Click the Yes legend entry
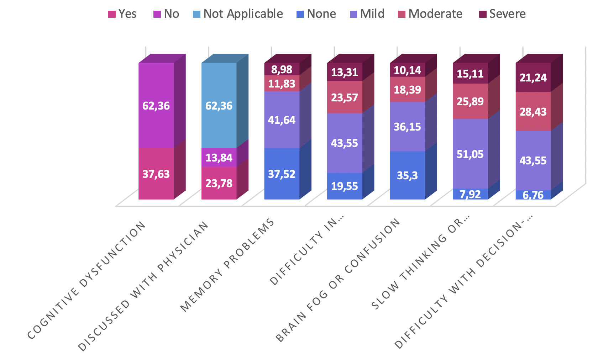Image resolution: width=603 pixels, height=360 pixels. [122, 14]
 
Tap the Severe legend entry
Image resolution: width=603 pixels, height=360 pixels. [502, 14]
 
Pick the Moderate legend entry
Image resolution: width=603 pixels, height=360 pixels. [430, 14]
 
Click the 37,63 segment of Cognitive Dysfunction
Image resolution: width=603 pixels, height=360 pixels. [156, 174]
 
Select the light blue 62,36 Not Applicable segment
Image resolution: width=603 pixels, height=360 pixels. [219, 106]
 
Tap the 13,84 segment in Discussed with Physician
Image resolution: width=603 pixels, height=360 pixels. [219, 158]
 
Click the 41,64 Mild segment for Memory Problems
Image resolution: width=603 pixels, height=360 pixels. [282, 120]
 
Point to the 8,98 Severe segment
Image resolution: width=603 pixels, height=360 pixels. [282, 69]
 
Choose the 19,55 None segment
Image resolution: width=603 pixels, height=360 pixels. [345, 186]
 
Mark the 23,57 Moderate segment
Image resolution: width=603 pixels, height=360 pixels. [345, 97]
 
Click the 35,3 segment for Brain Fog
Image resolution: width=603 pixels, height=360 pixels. [407, 175]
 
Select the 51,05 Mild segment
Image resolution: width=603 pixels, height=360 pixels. [470, 154]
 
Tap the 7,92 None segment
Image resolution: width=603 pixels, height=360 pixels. [470, 194]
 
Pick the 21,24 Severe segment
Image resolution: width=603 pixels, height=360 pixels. [533, 78]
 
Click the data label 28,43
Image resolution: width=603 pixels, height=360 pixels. [533, 112]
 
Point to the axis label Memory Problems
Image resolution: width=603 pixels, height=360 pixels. [228, 265]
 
